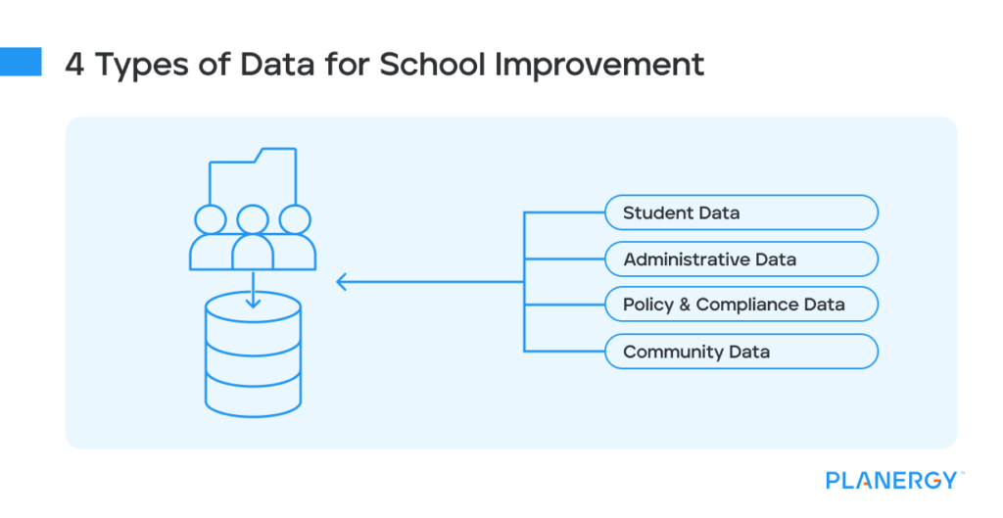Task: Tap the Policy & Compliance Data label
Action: pyautogui.click(x=734, y=305)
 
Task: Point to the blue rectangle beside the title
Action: pyautogui.click(x=21, y=63)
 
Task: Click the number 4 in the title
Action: pyautogui.click(x=74, y=65)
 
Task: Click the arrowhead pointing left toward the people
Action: pyautogui.click(x=342, y=283)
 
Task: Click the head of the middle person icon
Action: pyautogui.click(x=253, y=219)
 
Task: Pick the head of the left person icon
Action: pyautogui.click(x=210, y=219)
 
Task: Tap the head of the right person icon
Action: pyautogui.click(x=295, y=219)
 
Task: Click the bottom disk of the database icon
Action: pyautogui.click(x=253, y=392)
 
